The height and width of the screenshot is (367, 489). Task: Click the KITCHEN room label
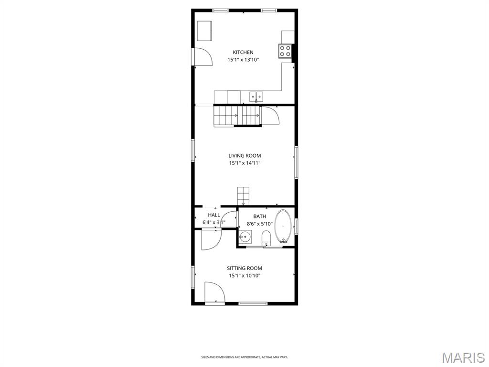click(x=243, y=52)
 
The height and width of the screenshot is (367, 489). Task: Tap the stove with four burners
click(x=285, y=51)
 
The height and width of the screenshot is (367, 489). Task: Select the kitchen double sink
click(x=256, y=97)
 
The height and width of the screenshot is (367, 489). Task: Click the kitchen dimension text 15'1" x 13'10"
click(x=243, y=60)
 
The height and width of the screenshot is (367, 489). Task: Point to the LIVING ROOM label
click(x=244, y=155)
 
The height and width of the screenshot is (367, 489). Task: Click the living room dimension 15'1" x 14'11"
click(x=244, y=163)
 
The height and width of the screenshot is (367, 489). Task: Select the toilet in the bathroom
click(x=266, y=237)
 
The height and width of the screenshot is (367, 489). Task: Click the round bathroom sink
click(x=245, y=236)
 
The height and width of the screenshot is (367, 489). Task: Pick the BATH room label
click(x=260, y=216)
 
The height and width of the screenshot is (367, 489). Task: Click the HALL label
click(x=214, y=215)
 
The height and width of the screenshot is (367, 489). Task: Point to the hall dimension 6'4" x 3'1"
click(x=214, y=222)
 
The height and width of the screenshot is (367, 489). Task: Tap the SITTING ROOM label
click(x=244, y=268)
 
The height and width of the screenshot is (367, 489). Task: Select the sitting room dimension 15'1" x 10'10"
click(x=244, y=276)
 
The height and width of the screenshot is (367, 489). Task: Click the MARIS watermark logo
click(x=463, y=357)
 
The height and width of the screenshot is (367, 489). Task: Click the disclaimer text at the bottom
click(x=244, y=357)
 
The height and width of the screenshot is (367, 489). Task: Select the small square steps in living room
click(x=243, y=195)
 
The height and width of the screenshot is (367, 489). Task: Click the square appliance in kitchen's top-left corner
click(x=206, y=31)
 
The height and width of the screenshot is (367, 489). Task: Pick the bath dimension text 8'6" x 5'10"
click(x=260, y=224)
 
